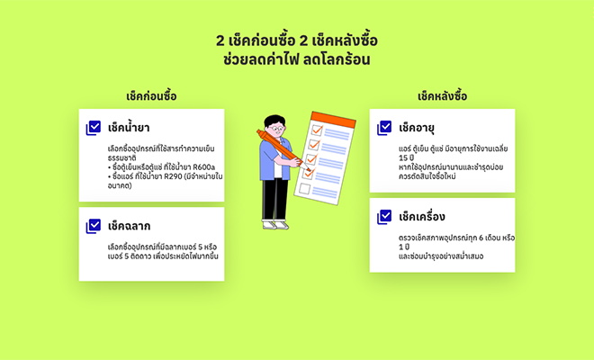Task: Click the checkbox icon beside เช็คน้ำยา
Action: pyautogui.click(x=94, y=128)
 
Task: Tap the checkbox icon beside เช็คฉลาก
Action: pyautogui.click(x=94, y=226)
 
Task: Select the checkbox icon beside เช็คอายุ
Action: pyautogui.click(x=384, y=128)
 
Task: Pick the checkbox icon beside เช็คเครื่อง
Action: pyautogui.click(x=384, y=217)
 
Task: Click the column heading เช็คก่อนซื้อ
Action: pyautogui.click(x=151, y=96)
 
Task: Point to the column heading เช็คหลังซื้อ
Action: pyautogui.click(x=443, y=96)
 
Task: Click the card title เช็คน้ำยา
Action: pyautogui.click(x=129, y=128)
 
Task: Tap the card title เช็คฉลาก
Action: pyautogui.click(x=130, y=226)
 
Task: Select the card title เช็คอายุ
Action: pyautogui.click(x=417, y=128)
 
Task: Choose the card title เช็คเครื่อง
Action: pyautogui.click(x=422, y=217)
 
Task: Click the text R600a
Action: pyautogui.click(x=203, y=167)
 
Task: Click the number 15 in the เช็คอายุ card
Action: pyautogui.click(x=403, y=157)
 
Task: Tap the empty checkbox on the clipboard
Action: pyautogui.click(x=304, y=189)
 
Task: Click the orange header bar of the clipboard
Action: pyautogui.click(x=333, y=120)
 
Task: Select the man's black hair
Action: pyautogui.click(x=274, y=121)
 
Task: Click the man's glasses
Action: pyautogui.click(x=278, y=129)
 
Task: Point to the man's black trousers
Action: pyautogui.click(x=275, y=199)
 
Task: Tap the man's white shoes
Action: pyautogui.click(x=275, y=225)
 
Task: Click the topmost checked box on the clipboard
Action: pyautogui.click(x=317, y=130)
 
